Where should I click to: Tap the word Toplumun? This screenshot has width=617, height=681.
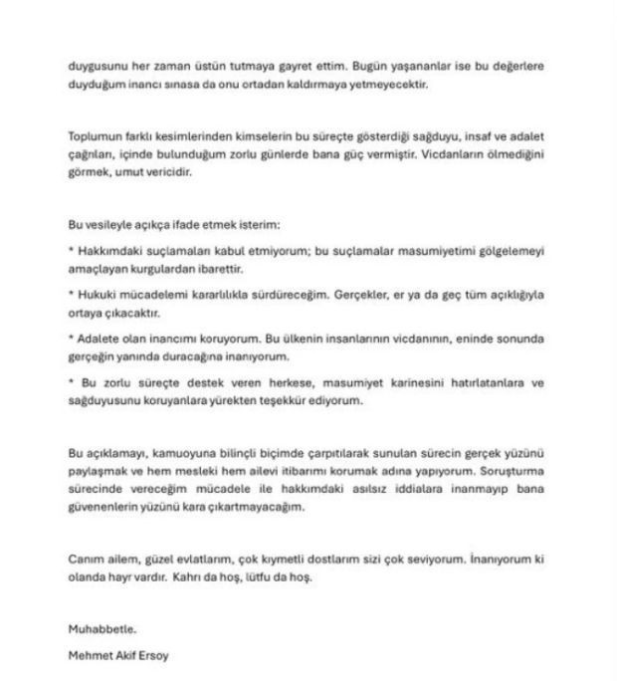94,134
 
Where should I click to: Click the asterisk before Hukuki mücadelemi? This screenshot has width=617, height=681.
71,295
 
